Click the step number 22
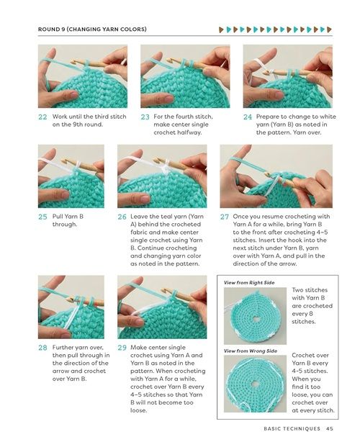pyautogui.click(x=42, y=117)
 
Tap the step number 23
pyautogui.click(x=145, y=117)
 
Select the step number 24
pyautogui.click(x=248, y=117)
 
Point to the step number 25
pyautogui.click(x=42, y=217)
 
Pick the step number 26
pyautogui.click(x=122, y=217)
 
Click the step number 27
pyautogui.click(x=224, y=217)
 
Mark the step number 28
pyautogui.click(x=42, y=348)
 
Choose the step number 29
pyautogui.click(x=122, y=348)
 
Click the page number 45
pyautogui.click(x=330, y=428)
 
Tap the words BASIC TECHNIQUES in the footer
pyautogui.click(x=292, y=428)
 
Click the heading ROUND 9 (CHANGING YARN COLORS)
pyautogui.click(x=92, y=29)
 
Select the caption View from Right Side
pyautogui.click(x=249, y=282)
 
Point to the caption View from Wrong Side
pyautogui.click(x=251, y=351)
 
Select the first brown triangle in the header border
pyautogui.click(x=221, y=30)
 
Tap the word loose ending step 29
pyautogui.click(x=139, y=410)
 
